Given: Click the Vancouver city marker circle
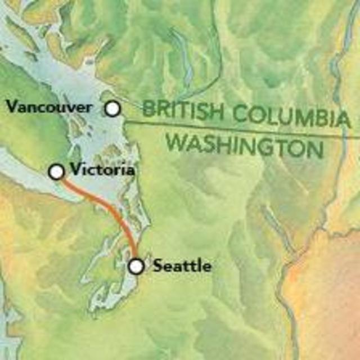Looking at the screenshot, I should [113, 109].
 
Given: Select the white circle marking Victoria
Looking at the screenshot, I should [56, 172].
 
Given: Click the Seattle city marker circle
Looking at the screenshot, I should [136, 266].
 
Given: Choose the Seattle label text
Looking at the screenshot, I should [182, 265].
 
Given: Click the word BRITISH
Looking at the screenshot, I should [177, 110].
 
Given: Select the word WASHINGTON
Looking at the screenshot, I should [245, 145].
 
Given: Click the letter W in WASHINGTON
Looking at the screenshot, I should [177, 142].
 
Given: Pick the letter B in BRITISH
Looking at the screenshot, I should [148, 109].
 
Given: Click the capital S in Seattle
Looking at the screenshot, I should [159, 265].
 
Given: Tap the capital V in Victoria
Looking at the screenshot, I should [73, 170].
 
